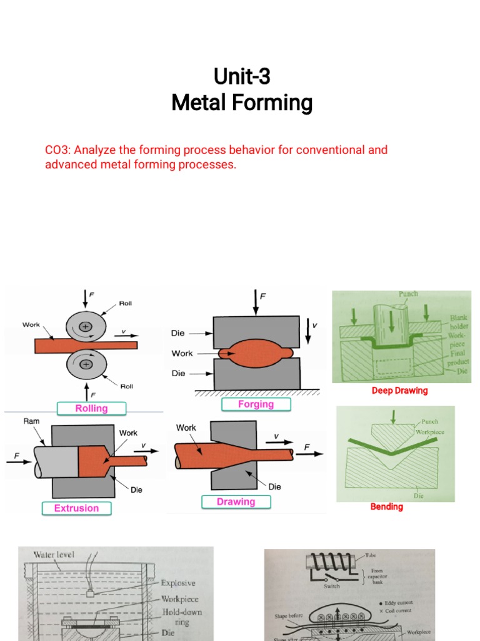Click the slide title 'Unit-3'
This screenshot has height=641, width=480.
pos(242,77)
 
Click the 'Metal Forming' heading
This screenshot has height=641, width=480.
pos(242,103)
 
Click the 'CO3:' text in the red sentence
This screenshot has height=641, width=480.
pos(58,150)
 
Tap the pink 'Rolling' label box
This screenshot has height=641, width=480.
pos(91,408)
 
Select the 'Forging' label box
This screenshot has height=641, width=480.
pos(256,404)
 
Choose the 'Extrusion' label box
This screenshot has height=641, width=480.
pos(76,508)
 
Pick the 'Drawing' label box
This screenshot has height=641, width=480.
pos(236,501)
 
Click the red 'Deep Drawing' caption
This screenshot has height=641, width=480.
pos(399,391)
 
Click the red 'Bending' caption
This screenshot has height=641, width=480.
pos(386,506)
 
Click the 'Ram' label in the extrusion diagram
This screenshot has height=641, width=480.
pos(31,422)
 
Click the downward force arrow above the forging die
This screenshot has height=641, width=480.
pos(255,303)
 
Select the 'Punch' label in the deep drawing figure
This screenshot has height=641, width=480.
pos(408,294)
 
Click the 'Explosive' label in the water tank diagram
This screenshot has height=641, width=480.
pos(179,583)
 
